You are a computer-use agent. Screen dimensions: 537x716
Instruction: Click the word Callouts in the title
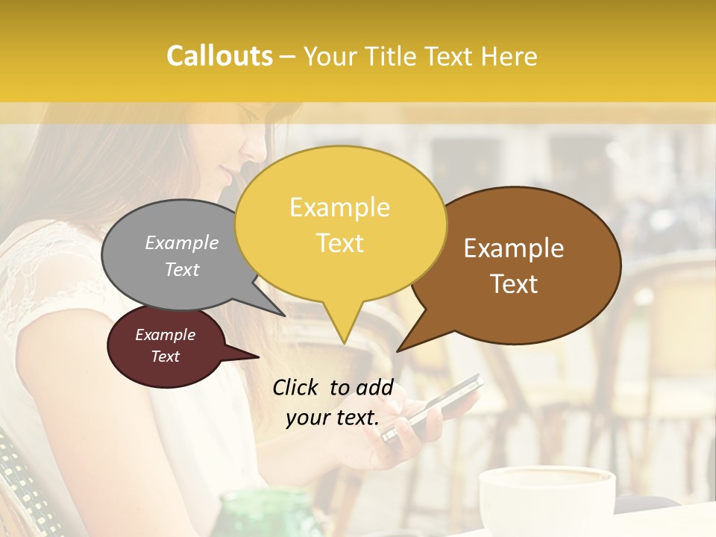pyautogui.click(x=219, y=56)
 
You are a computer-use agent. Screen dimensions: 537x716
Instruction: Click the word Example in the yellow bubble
pyautogui.click(x=339, y=207)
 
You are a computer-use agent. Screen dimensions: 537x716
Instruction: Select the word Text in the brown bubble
pyautogui.click(x=514, y=284)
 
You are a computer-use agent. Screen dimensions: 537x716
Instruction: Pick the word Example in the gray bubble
pyautogui.click(x=181, y=243)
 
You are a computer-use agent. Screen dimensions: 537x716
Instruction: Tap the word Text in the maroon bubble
pyautogui.click(x=165, y=357)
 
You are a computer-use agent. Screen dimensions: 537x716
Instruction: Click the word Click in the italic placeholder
pyautogui.click(x=295, y=387)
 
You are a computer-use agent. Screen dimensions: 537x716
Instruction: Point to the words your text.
pyautogui.click(x=333, y=418)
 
